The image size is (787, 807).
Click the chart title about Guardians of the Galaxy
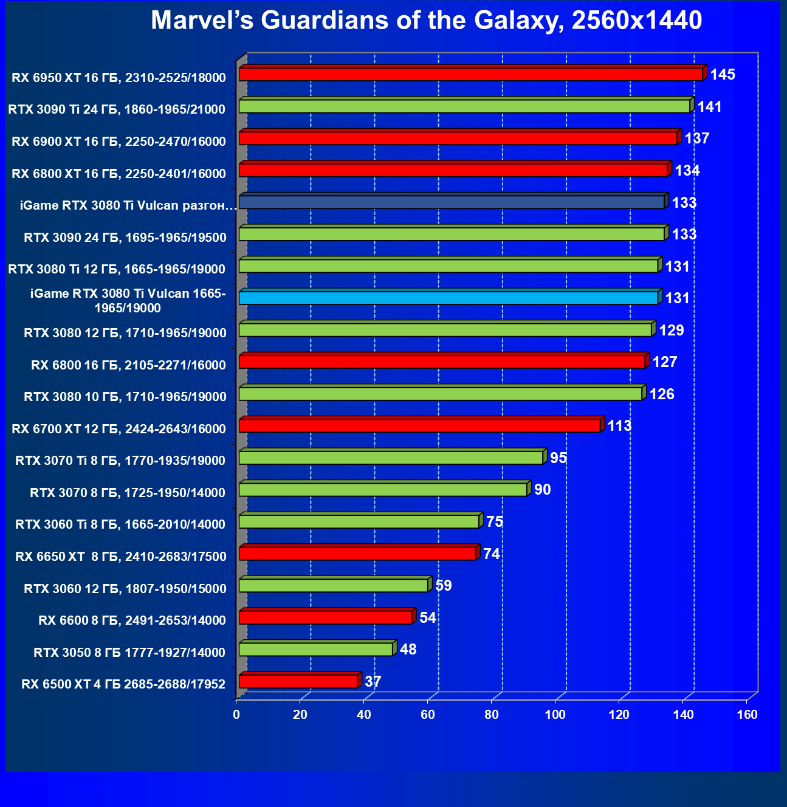click(x=426, y=21)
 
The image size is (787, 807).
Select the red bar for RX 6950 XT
click(x=470, y=74)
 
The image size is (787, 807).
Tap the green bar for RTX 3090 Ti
click(x=464, y=106)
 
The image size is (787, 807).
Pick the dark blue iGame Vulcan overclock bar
click(x=452, y=202)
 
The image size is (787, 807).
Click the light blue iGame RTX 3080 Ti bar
click(x=448, y=298)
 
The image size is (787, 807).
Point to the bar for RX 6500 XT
click(x=298, y=681)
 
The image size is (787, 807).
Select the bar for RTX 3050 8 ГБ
click(x=316, y=649)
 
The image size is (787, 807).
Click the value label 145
click(x=723, y=75)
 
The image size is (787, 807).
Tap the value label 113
click(x=619, y=426)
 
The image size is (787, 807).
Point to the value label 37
click(x=373, y=682)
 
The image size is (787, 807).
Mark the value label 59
click(x=444, y=586)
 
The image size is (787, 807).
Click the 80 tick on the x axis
click(x=492, y=715)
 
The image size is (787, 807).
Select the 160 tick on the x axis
click(x=747, y=715)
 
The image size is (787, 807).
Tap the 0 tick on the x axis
click(x=236, y=715)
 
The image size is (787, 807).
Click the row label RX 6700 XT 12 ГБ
click(x=119, y=429)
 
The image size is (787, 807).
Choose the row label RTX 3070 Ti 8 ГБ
click(x=120, y=461)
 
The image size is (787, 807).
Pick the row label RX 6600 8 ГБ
click(x=132, y=620)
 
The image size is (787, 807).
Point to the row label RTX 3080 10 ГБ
click(x=125, y=397)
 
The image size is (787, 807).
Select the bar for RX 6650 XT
click(x=357, y=554)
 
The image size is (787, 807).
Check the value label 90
click(x=542, y=490)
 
